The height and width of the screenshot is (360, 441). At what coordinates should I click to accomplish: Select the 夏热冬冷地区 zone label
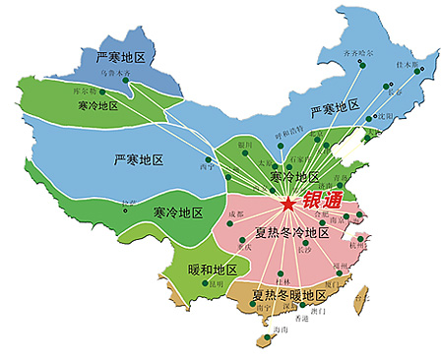coord(291,233)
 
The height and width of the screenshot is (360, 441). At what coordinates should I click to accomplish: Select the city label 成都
coord(234,213)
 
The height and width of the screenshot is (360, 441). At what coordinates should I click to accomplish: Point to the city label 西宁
coord(208,168)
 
